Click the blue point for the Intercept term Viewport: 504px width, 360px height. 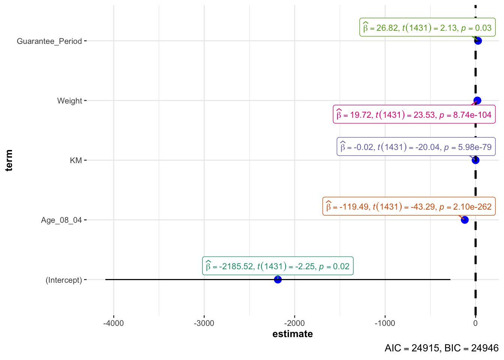coord(277,279)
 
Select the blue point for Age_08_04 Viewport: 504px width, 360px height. coord(465,220)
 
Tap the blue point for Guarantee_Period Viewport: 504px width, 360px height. coord(478,40)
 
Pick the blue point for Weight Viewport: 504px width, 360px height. coord(477,100)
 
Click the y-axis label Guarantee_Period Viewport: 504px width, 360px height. coord(49,41)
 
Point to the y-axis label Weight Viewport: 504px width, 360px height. coord(69,101)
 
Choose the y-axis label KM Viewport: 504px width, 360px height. coord(76,160)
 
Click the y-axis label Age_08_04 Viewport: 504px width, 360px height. coord(61,220)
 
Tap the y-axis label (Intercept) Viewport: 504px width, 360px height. coord(64,280)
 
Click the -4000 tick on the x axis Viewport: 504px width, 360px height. coord(113,323)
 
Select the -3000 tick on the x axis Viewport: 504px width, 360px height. coord(204,323)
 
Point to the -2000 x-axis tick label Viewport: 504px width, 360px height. coord(294,323)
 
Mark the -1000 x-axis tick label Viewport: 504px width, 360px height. coord(385,323)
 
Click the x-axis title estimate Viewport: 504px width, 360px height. coord(292,334)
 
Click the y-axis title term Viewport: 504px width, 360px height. coord(9,160)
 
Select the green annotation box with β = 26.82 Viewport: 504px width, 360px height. coord(427,28)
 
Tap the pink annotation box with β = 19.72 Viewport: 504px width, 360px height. coord(414,114)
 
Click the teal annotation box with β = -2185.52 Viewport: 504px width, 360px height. coord(277,266)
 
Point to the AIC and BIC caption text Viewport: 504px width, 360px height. coord(441,348)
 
